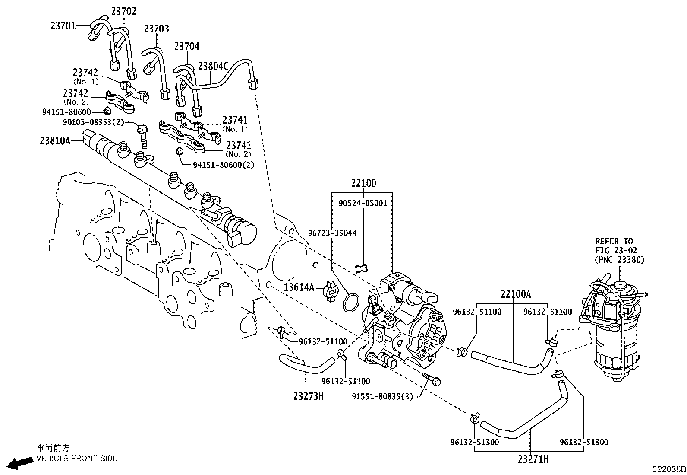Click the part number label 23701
click(x=63, y=26)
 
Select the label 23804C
click(x=213, y=66)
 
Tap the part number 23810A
click(x=55, y=140)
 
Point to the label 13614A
click(x=299, y=287)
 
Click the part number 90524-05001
click(x=363, y=203)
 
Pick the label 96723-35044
click(x=332, y=233)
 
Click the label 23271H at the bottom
click(x=533, y=459)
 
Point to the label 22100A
click(x=516, y=295)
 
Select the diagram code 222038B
click(x=668, y=469)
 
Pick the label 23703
click(x=156, y=29)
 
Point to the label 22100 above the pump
click(x=363, y=183)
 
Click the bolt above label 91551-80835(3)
click(x=432, y=379)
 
